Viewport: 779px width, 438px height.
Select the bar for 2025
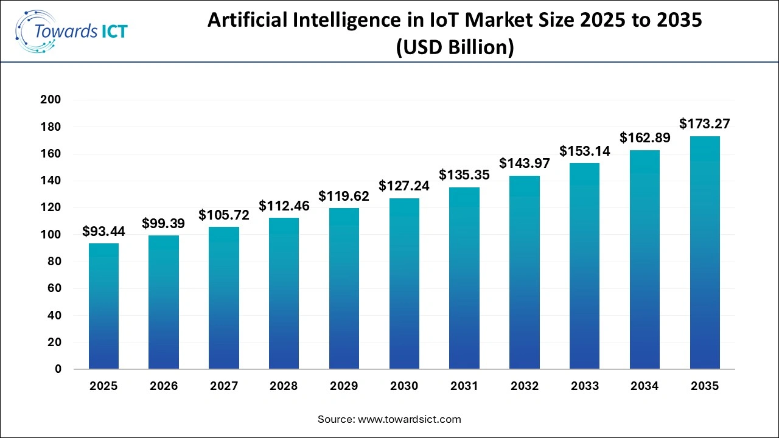click(x=103, y=306)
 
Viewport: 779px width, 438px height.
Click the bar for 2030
click(x=404, y=283)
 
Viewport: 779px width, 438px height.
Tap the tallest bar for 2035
click(x=705, y=252)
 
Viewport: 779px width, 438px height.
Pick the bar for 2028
click(x=284, y=293)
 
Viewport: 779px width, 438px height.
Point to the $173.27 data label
click(x=705, y=125)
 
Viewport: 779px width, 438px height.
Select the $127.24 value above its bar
click(x=404, y=186)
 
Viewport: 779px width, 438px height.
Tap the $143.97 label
click(x=525, y=164)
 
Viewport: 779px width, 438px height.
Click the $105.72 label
click(x=223, y=215)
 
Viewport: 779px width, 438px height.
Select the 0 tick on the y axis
click(x=58, y=369)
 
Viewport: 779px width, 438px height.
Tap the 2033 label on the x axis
click(x=584, y=386)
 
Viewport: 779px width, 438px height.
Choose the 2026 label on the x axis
click(x=163, y=386)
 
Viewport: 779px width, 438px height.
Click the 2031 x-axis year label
click(x=464, y=386)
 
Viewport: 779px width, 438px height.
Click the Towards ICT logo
click(x=71, y=31)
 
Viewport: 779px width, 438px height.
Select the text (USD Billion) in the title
click(x=455, y=47)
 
